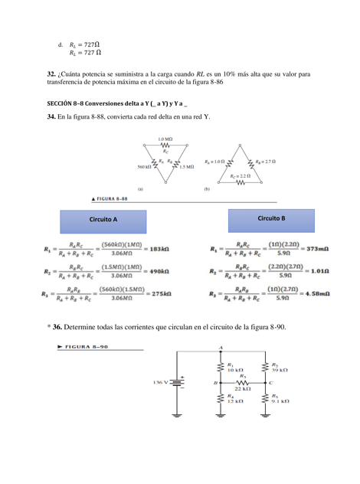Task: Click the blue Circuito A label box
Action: (x=104, y=220)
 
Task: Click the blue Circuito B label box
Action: (x=271, y=219)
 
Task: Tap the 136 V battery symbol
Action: (x=178, y=381)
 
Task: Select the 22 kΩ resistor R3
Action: (x=241, y=381)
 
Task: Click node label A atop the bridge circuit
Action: (x=221, y=348)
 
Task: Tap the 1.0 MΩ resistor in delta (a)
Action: (x=165, y=146)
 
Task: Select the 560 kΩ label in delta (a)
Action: (x=145, y=166)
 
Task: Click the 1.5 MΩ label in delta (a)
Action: (x=186, y=166)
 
